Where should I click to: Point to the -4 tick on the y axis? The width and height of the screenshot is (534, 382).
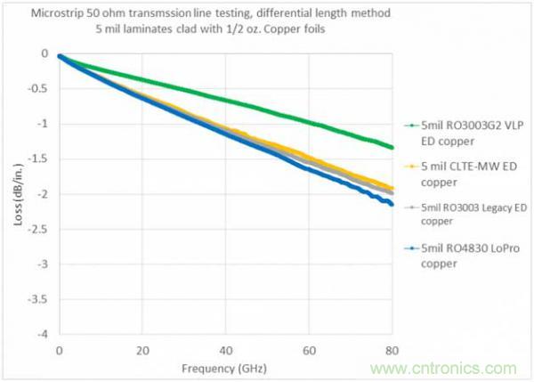pyautogui.click(x=43, y=335)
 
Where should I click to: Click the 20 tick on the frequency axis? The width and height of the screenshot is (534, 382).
pyautogui.click(x=142, y=349)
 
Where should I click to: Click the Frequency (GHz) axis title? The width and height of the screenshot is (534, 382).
pyautogui.click(x=224, y=367)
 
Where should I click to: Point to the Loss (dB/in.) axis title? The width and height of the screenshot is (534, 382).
pyautogui.click(x=19, y=194)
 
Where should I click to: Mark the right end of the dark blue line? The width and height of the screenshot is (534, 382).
pyautogui.click(x=392, y=204)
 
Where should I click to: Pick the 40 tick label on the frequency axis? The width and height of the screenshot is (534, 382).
pyautogui.click(x=226, y=349)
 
